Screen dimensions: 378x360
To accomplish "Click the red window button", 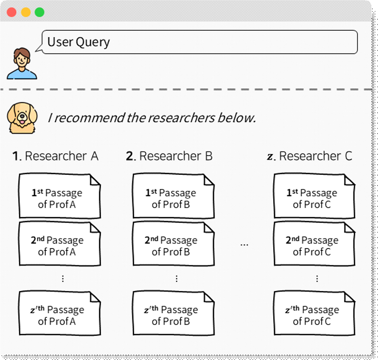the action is [11, 12].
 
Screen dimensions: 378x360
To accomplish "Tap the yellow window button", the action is [26, 12].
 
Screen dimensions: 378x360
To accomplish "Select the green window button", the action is [40, 12].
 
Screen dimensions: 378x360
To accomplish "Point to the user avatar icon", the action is [22, 63].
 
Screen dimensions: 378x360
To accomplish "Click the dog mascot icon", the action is [22, 118].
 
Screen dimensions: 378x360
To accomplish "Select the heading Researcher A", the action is [55, 156].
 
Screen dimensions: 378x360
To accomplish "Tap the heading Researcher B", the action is [169, 156].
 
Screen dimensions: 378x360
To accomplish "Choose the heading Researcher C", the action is [310, 156].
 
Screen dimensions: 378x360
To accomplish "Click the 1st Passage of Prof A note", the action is [60, 196].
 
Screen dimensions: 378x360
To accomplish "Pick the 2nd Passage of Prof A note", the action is [60, 244].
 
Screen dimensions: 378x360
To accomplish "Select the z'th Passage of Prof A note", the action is [60, 313].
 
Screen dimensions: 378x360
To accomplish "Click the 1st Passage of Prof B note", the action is [173, 196].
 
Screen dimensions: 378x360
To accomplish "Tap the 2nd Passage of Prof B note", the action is [173, 244].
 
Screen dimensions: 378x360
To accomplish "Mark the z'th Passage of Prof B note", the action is [173, 313].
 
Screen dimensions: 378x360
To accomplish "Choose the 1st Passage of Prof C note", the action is [314, 196].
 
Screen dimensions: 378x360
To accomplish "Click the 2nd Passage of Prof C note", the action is [314, 244].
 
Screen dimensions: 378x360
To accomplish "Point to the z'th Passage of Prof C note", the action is [314, 313].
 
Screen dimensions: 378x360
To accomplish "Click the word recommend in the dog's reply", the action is [89, 118].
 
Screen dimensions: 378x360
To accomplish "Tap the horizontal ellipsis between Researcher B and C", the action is [244, 245].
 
